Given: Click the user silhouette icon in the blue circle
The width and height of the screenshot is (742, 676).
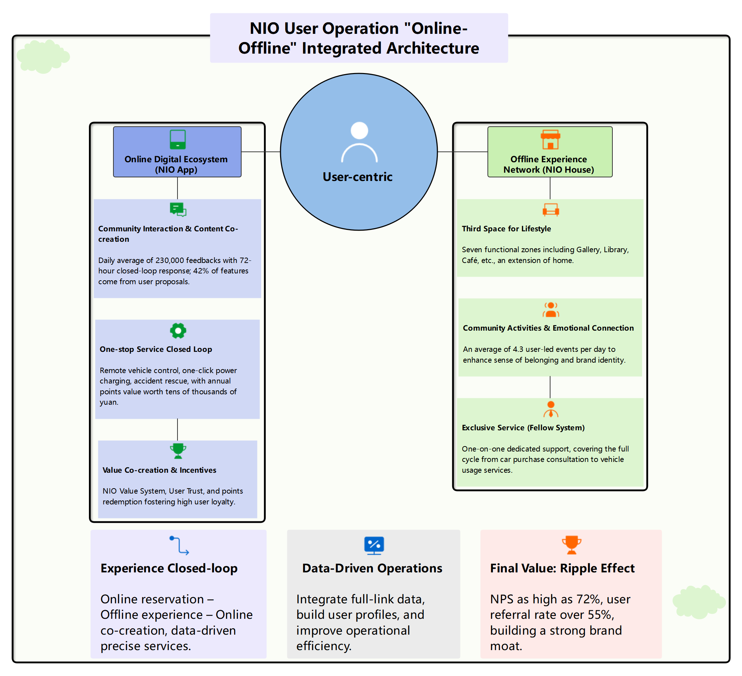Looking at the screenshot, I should click(x=359, y=142).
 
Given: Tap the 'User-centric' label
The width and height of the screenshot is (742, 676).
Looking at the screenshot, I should click(x=357, y=177).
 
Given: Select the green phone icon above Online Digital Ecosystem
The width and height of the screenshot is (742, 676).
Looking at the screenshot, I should click(x=177, y=139).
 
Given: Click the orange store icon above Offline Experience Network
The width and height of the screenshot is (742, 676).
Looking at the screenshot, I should click(x=550, y=139).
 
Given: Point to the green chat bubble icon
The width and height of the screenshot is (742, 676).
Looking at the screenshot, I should click(x=178, y=209).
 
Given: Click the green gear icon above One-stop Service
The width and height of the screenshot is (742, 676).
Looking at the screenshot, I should click(x=178, y=331).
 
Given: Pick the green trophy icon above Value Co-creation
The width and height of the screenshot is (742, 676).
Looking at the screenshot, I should click(x=178, y=451).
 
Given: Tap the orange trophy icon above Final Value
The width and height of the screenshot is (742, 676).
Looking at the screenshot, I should click(x=571, y=545).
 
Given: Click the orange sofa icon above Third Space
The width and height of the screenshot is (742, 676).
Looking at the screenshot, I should click(x=550, y=210).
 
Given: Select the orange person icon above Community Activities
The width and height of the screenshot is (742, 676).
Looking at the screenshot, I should click(x=550, y=310).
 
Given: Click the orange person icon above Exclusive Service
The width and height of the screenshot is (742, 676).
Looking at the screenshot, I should click(x=550, y=409).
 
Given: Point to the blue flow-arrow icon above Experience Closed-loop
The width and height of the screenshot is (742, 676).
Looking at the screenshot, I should click(x=179, y=545).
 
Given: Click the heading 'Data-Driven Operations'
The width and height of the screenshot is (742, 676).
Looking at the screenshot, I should click(x=372, y=568).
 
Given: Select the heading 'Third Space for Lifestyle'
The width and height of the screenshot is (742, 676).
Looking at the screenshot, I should click(x=506, y=229).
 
